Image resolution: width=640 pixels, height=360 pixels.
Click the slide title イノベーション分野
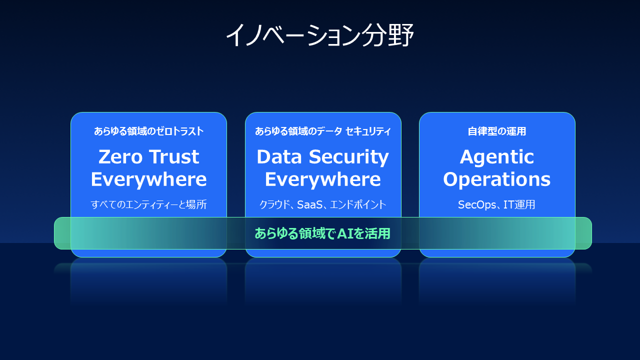click(319, 35)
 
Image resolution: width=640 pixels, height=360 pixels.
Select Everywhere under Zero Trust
click(148, 179)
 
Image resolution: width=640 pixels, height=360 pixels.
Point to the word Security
click(346, 157)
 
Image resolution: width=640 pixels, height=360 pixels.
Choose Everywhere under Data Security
click(322, 179)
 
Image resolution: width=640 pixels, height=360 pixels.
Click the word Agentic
click(497, 157)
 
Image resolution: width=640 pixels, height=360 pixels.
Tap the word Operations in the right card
click(497, 179)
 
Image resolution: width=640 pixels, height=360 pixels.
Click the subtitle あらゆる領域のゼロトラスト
click(148, 131)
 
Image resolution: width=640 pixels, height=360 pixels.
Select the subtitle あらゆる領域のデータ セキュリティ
click(322, 131)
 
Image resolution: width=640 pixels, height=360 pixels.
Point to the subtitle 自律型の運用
click(497, 131)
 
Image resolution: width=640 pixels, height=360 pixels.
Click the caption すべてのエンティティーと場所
click(148, 204)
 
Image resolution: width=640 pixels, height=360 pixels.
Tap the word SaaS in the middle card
click(311, 204)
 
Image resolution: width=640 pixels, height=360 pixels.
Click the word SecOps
click(474, 204)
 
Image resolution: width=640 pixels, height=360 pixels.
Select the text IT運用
click(520, 204)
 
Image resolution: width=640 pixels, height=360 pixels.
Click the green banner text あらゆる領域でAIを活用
click(322, 233)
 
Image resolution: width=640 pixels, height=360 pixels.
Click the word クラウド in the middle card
click(272, 204)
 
